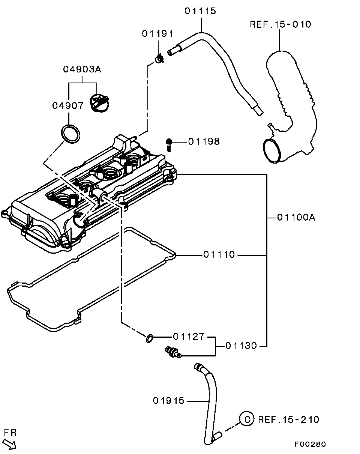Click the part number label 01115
[200, 11]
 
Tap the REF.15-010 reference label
[280, 25]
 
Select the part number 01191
[157, 34]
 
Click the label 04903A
[82, 69]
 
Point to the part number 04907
[68, 106]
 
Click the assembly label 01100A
[296, 217]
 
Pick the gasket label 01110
[219, 255]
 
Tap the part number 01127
[189, 337]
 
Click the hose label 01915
[169, 401]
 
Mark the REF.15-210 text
[288, 419]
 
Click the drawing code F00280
[310, 444]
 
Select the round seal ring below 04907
[70, 134]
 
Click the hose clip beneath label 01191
[159, 59]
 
